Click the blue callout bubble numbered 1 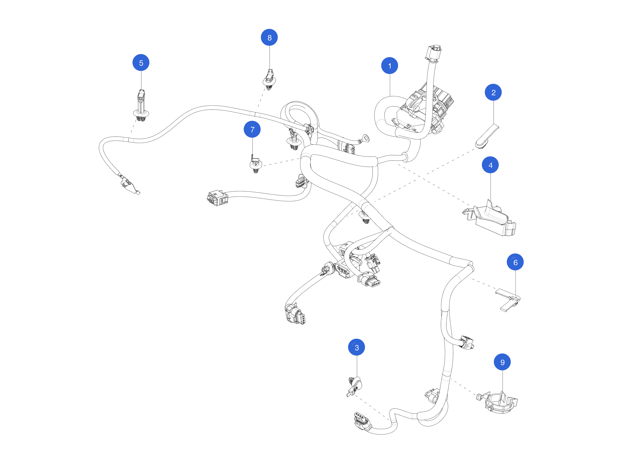click(389, 66)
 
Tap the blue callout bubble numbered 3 click(357, 347)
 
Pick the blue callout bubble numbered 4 click(490, 165)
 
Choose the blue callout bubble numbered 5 click(141, 63)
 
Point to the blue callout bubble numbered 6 click(515, 262)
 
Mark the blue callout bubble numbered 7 click(252, 129)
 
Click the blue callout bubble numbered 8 click(269, 37)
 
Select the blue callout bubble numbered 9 click(502, 362)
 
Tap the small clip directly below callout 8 click(269, 80)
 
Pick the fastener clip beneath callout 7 click(255, 165)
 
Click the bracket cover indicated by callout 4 click(492, 220)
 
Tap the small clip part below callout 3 click(355, 386)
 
